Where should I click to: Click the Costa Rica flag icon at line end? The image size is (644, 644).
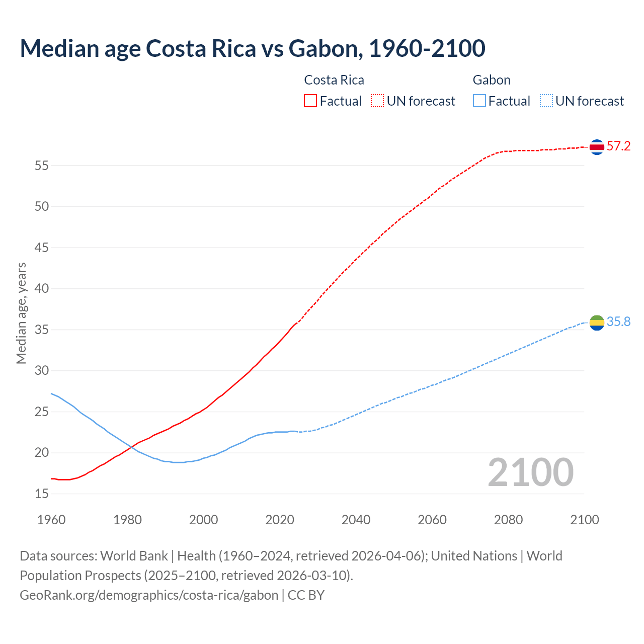pos(597,147)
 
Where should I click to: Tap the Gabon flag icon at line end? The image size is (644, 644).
pos(597,323)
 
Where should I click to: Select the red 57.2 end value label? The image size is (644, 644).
pos(618,146)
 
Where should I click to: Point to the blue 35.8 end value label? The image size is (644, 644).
pos(618,322)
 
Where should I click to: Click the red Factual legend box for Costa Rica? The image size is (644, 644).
pos(310,101)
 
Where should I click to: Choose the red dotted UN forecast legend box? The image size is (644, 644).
pos(377,101)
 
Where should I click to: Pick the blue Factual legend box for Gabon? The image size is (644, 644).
pos(479,101)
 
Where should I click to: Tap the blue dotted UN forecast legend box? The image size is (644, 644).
pos(546,101)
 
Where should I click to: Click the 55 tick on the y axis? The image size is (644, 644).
pos(42,166)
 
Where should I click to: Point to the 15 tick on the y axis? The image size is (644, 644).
pos(42,494)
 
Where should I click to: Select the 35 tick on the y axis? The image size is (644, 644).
pos(42,330)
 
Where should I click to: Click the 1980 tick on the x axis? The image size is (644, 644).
pos(127,520)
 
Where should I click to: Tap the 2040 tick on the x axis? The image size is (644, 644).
pos(356,520)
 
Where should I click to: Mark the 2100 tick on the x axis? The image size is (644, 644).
pos(584,520)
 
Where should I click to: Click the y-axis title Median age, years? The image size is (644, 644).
pos(21,313)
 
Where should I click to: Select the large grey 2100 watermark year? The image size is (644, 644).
pos(530,472)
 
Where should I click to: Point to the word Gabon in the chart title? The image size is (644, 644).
pos(323,48)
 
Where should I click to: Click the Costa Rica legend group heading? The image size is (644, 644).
pos(334,80)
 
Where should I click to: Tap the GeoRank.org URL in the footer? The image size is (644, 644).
pos(149,595)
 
